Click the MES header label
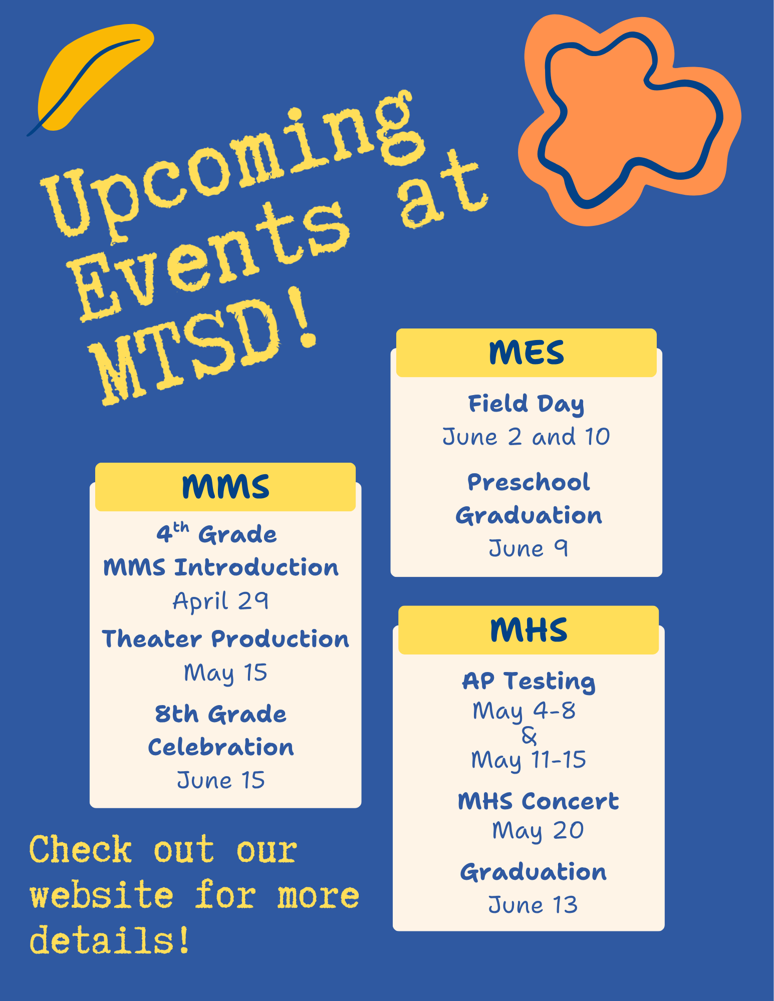pyautogui.click(x=526, y=353)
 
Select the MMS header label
pyautogui.click(x=225, y=487)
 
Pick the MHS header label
pyautogui.click(x=529, y=630)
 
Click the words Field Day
pyautogui.click(x=526, y=404)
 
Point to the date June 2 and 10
pyautogui.click(x=526, y=437)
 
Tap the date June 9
pyautogui.click(x=528, y=548)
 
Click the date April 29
pyautogui.click(x=220, y=601)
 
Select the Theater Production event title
pyautogui.click(x=225, y=639)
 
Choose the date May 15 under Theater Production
pyautogui.click(x=225, y=673)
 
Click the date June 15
pyautogui.click(x=221, y=780)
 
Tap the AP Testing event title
pyautogui.click(x=529, y=681)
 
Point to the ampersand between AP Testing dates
pyautogui.click(x=529, y=735)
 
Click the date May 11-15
pyautogui.click(x=529, y=760)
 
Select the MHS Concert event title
pyautogui.click(x=538, y=801)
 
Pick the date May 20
pyautogui.click(x=538, y=831)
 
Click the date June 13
pyautogui.click(x=533, y=905)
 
